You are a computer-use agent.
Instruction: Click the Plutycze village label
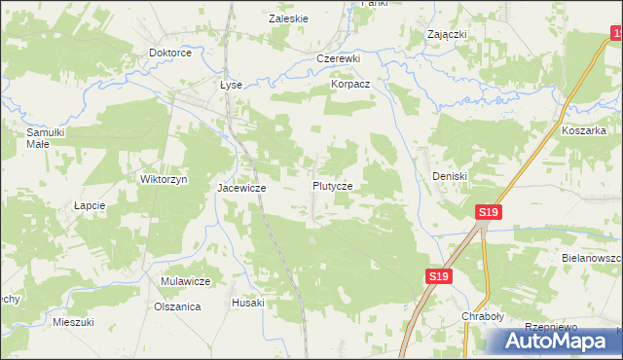tap(339, 185)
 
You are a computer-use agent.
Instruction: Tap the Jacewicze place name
tap(241, 188)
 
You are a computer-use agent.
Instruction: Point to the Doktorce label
tap(169, 53)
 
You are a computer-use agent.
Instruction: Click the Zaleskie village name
tap(288, 18)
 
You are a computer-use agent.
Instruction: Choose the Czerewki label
tap(339, 58)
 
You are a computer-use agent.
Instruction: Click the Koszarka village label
tap(584, 129)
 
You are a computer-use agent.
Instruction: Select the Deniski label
tap(451, 176)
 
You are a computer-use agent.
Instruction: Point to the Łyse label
tap(230, 85)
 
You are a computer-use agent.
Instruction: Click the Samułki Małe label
tap(45, 137)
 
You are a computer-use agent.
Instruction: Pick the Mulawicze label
tap(186, 281)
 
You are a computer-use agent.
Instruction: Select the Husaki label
tap(248, 303)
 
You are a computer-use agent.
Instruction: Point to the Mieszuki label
tap(73, 321)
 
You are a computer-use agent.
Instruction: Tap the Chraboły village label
tap(482, 317)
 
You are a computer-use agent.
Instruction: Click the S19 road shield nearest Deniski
tap(489, 212)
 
